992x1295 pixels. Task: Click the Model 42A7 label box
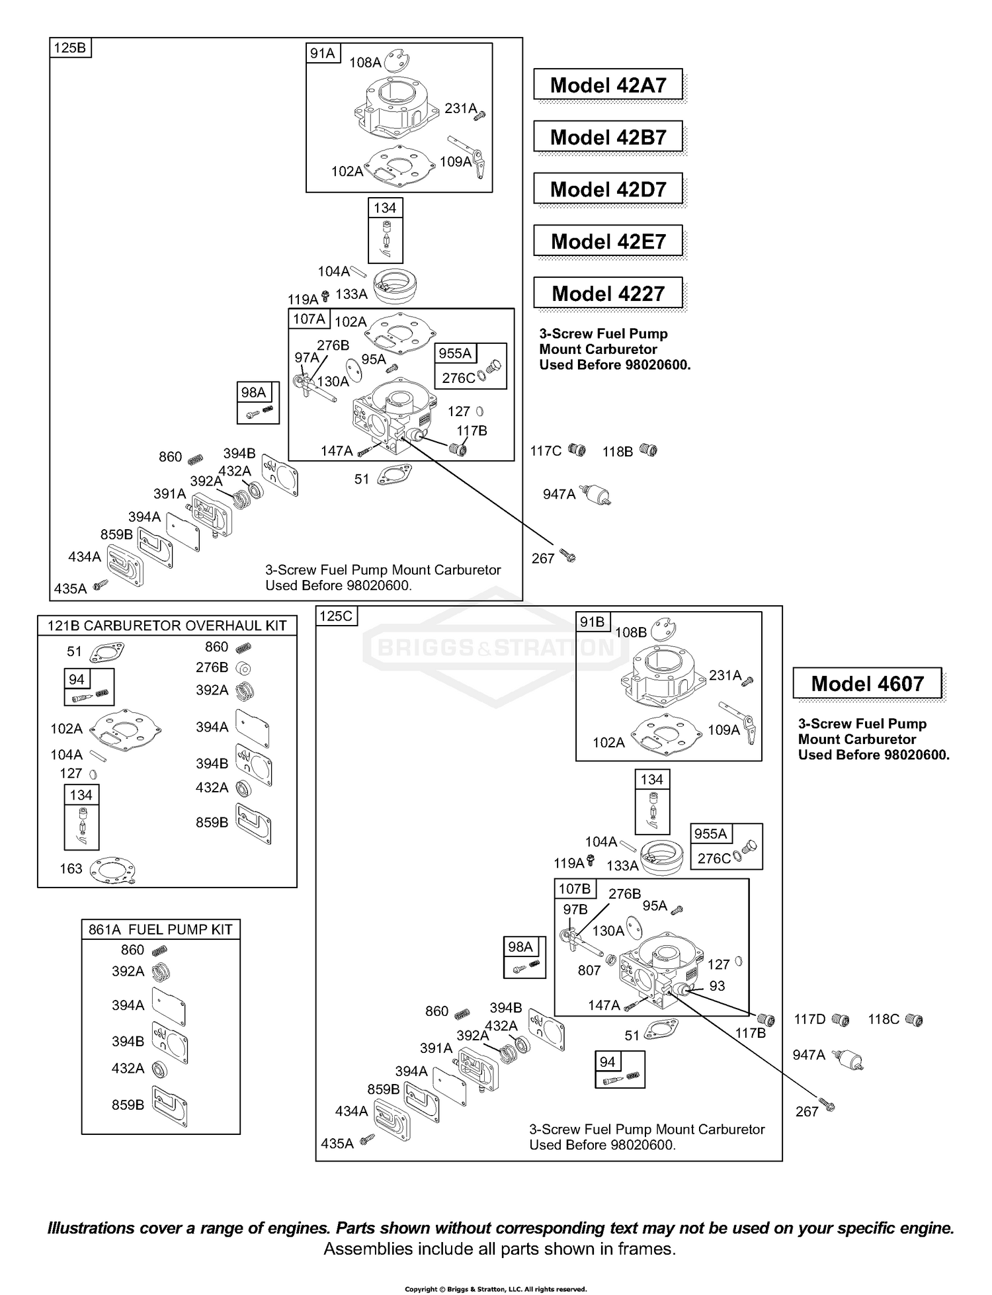[608, 85]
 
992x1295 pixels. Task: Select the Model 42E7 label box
[608, 241]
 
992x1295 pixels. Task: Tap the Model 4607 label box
[868, 683]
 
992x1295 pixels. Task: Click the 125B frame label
[70, 48]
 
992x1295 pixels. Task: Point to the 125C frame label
[337, 616]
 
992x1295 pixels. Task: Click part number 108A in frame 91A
[365, 63]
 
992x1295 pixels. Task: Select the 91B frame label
[593, 622]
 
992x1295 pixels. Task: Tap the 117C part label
[546, 451]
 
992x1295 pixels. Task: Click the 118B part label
[618, 452]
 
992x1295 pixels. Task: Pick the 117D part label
[810, 1019]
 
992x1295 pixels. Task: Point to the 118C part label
[884, 1019]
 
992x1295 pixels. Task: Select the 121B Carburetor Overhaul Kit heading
[167, 626]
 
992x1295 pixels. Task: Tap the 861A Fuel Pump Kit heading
[161, 929]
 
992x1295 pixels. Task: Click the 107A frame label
[309, 319]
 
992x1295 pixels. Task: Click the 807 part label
[589, 970]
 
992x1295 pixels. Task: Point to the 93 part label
[718, 985]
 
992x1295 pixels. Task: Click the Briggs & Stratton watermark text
[496, 647]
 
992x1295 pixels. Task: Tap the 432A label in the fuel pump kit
[128, 1068]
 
